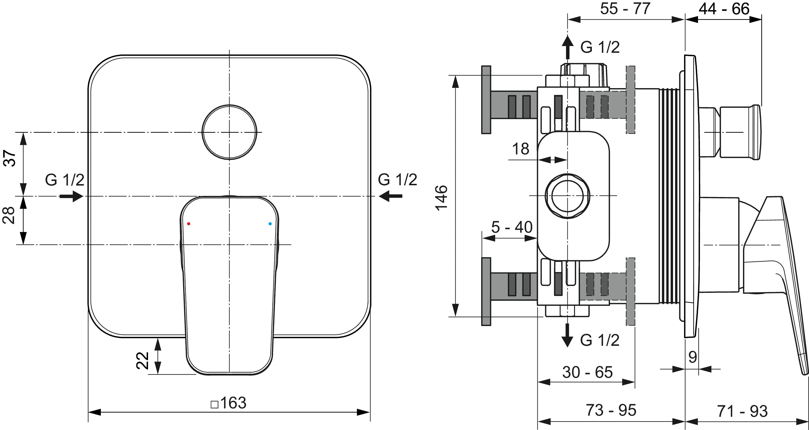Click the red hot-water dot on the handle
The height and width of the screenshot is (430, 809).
pyautogui.click(x=188, y=224)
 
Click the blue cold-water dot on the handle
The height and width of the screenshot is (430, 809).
pyautogui.click(x=270, y=224)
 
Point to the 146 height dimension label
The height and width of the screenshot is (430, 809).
pyautogui.click(x=441, y=198)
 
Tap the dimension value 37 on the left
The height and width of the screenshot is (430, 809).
pyautogui.click(x=10, y=158)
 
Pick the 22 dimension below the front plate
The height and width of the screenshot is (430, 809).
pyautogui.click(x=142, y=360)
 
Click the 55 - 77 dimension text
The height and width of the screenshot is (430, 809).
pyautogui.click(x=625, y=8)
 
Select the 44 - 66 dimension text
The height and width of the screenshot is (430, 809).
pyautogui.click(x=724, y=9)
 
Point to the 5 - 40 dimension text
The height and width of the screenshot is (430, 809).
pyautogui.click(x=512, y=227)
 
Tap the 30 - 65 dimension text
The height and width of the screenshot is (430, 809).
pyautogui.click(x=587, y=372)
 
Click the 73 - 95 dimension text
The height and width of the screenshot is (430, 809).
pyautogui.click(x=611, y=410)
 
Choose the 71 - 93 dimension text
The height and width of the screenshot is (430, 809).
pyautogui.click(x=742, y=411)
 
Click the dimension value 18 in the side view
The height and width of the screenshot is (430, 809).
pyautogui.click(x=521, y=149)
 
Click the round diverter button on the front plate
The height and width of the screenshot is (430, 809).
pyautogui.click(x=229, y=132)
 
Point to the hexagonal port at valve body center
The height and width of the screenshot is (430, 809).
pyautogui.click(x=567, y=196)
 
